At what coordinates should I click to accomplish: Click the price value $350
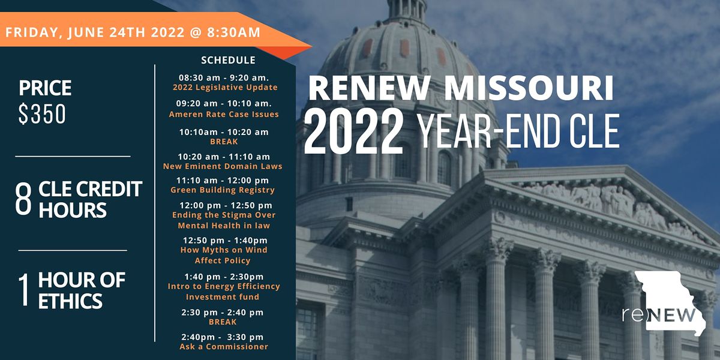(42, 114)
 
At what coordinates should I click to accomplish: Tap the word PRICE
(45, 88)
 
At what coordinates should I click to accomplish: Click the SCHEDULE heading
(228, 60)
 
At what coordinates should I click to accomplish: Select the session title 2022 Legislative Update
(224, 88)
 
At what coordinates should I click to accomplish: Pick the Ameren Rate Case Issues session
(224, 114)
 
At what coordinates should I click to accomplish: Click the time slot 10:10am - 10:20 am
(224, 132)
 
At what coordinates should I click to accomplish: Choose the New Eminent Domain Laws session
(223, 166)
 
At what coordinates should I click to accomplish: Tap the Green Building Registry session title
(223, 190)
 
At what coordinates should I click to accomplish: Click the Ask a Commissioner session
(224, 347)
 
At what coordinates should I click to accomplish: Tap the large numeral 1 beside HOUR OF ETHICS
(23, 290)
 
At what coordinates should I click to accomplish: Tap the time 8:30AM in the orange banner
(233, 32)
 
